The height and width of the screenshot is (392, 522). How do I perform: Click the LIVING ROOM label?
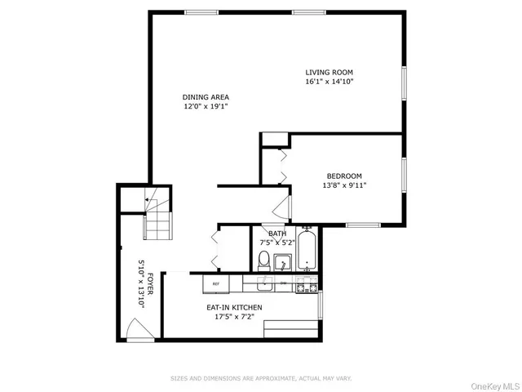point(330,71)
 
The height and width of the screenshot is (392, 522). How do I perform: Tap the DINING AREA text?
point(205,97)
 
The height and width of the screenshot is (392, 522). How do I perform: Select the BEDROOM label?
point(344,176)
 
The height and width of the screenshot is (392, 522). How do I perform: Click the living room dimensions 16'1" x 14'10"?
point(330,82)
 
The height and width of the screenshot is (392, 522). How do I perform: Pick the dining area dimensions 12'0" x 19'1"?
point(205,107)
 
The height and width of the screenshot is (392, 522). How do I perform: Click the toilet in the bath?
point(263,261)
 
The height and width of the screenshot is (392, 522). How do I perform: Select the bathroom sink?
point(282,263)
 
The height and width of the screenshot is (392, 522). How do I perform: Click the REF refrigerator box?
point(216,284)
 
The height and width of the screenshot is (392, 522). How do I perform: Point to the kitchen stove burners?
point(305,285)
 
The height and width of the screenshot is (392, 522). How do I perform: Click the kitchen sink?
point(264,284)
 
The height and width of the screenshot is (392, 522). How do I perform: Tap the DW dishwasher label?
point(283,283)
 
